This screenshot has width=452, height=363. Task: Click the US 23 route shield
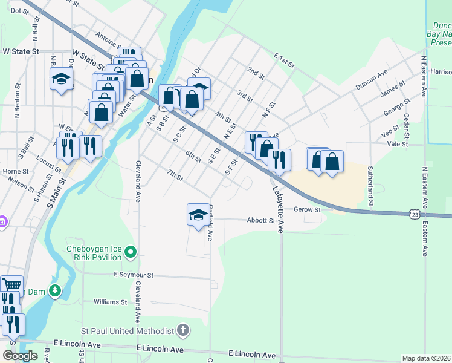click(x=413, y=214)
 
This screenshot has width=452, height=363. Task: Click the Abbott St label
click(x=261, y=221)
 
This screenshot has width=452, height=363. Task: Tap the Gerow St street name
click(x=307, y=209)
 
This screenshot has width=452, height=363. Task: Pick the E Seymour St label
click(x=134, y=275)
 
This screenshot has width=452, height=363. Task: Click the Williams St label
click(x=110, y=301)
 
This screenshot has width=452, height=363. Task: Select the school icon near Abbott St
click(x=198, y=215)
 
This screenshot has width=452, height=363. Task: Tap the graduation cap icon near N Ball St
click(x=61, y=79)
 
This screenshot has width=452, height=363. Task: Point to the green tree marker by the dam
click(x=55, y=291)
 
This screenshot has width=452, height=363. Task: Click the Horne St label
click(x=12, y=171)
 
